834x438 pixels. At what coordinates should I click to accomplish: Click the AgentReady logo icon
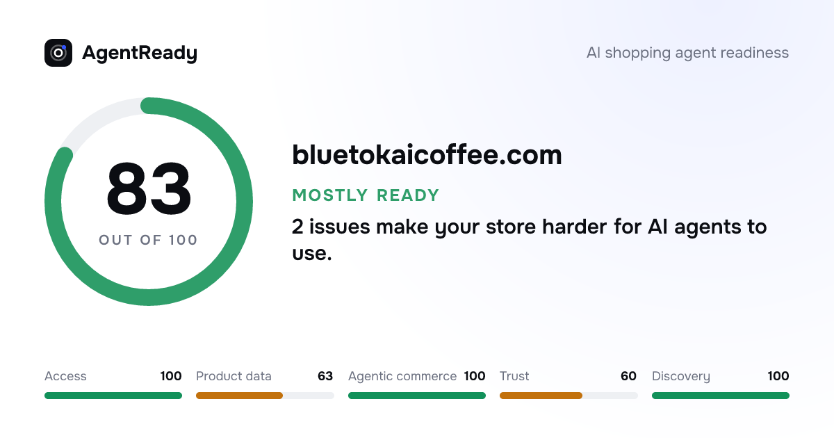(x=58, y=53)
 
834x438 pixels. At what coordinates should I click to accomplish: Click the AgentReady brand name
(x=140, y=54)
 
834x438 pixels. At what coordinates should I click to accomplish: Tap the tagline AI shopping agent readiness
(x=687, y=53)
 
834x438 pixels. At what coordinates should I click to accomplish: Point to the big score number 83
(x=149, y=188)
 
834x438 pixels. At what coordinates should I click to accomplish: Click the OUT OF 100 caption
(x=148, y=241)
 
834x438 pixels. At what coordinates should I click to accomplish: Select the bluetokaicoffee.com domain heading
(x=427, y=155)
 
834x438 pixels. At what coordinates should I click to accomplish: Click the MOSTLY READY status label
(x=366, y=195)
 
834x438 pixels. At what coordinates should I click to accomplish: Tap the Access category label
(x=65, y=376)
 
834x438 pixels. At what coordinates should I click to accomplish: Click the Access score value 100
(x=171, y=376)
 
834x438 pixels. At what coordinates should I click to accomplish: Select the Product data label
(x=234, y=376)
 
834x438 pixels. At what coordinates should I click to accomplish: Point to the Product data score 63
(x=325, y=376)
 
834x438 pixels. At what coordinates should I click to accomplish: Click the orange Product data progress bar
(x=239, y=396)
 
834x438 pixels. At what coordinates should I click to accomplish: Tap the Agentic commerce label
(x=402, y=376)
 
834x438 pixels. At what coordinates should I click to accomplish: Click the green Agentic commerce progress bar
(x=417, y=396)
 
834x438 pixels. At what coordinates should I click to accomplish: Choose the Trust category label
(x=514, y=376)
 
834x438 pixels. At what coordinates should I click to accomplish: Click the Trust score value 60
(x=628, y=376)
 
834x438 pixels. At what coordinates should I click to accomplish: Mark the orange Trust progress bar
(x=541, y=396)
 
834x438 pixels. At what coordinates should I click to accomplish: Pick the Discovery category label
(x=681, y=376)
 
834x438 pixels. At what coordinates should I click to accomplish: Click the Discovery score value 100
(x=778, y=376)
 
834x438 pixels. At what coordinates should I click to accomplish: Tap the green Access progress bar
(x=113, y=396)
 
